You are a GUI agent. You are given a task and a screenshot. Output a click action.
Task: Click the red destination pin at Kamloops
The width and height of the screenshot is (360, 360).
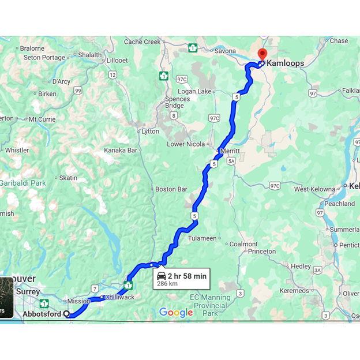pyautogui.click(x=262, y=55)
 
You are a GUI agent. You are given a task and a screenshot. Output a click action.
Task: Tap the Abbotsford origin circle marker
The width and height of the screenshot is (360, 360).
pyautogui.click(x=67, y=314)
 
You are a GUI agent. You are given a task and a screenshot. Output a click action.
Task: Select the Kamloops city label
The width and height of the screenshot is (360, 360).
pyautogui.click(x=285, y=63)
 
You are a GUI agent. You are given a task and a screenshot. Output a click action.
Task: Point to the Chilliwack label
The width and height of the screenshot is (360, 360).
pyautogui.click(x=119, y=298)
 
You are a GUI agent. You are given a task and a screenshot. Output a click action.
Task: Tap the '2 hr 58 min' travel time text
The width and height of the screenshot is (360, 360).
pyautogui.click(x=187, y=276)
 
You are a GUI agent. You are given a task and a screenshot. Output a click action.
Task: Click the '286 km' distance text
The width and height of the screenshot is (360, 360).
pyautogui.click(x=167, y=284)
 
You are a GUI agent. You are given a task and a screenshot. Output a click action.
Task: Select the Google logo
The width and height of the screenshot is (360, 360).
pyautogui.click(x=176, y=313)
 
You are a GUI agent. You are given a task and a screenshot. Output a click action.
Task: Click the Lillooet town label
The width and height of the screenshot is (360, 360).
pyautogui.click(x=117, y=61)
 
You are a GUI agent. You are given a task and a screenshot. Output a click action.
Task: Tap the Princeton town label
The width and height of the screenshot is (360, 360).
pyautogui.click(x=262, y=252)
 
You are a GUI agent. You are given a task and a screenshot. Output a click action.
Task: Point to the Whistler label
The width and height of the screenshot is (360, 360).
pyautogui.click(x=17, y=151)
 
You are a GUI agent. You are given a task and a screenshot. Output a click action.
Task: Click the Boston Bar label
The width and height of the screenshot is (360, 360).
pyautogui.click(x=171, y=189)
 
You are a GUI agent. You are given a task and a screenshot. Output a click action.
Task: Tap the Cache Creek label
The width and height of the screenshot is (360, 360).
pyautogui.click(x=142, y=42)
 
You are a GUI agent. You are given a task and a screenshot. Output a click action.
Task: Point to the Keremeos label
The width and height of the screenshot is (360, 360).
pyautogui.click(x=294, y=291)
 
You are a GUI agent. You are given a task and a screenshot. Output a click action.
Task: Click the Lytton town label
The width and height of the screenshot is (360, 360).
pyautogui.click(x=150, y=132)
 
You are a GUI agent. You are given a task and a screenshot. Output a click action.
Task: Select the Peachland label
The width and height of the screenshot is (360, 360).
pyautogui.click(x=339, y=204)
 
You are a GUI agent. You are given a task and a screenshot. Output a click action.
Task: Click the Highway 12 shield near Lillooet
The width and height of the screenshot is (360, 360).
pyautogui.click(x=112, y=75)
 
